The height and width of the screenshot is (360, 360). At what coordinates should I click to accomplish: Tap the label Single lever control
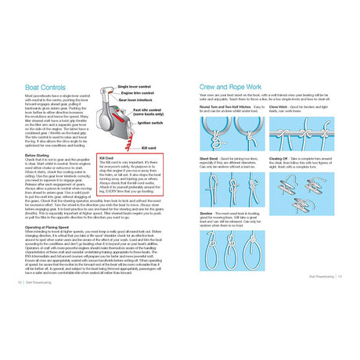[134, 86]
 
